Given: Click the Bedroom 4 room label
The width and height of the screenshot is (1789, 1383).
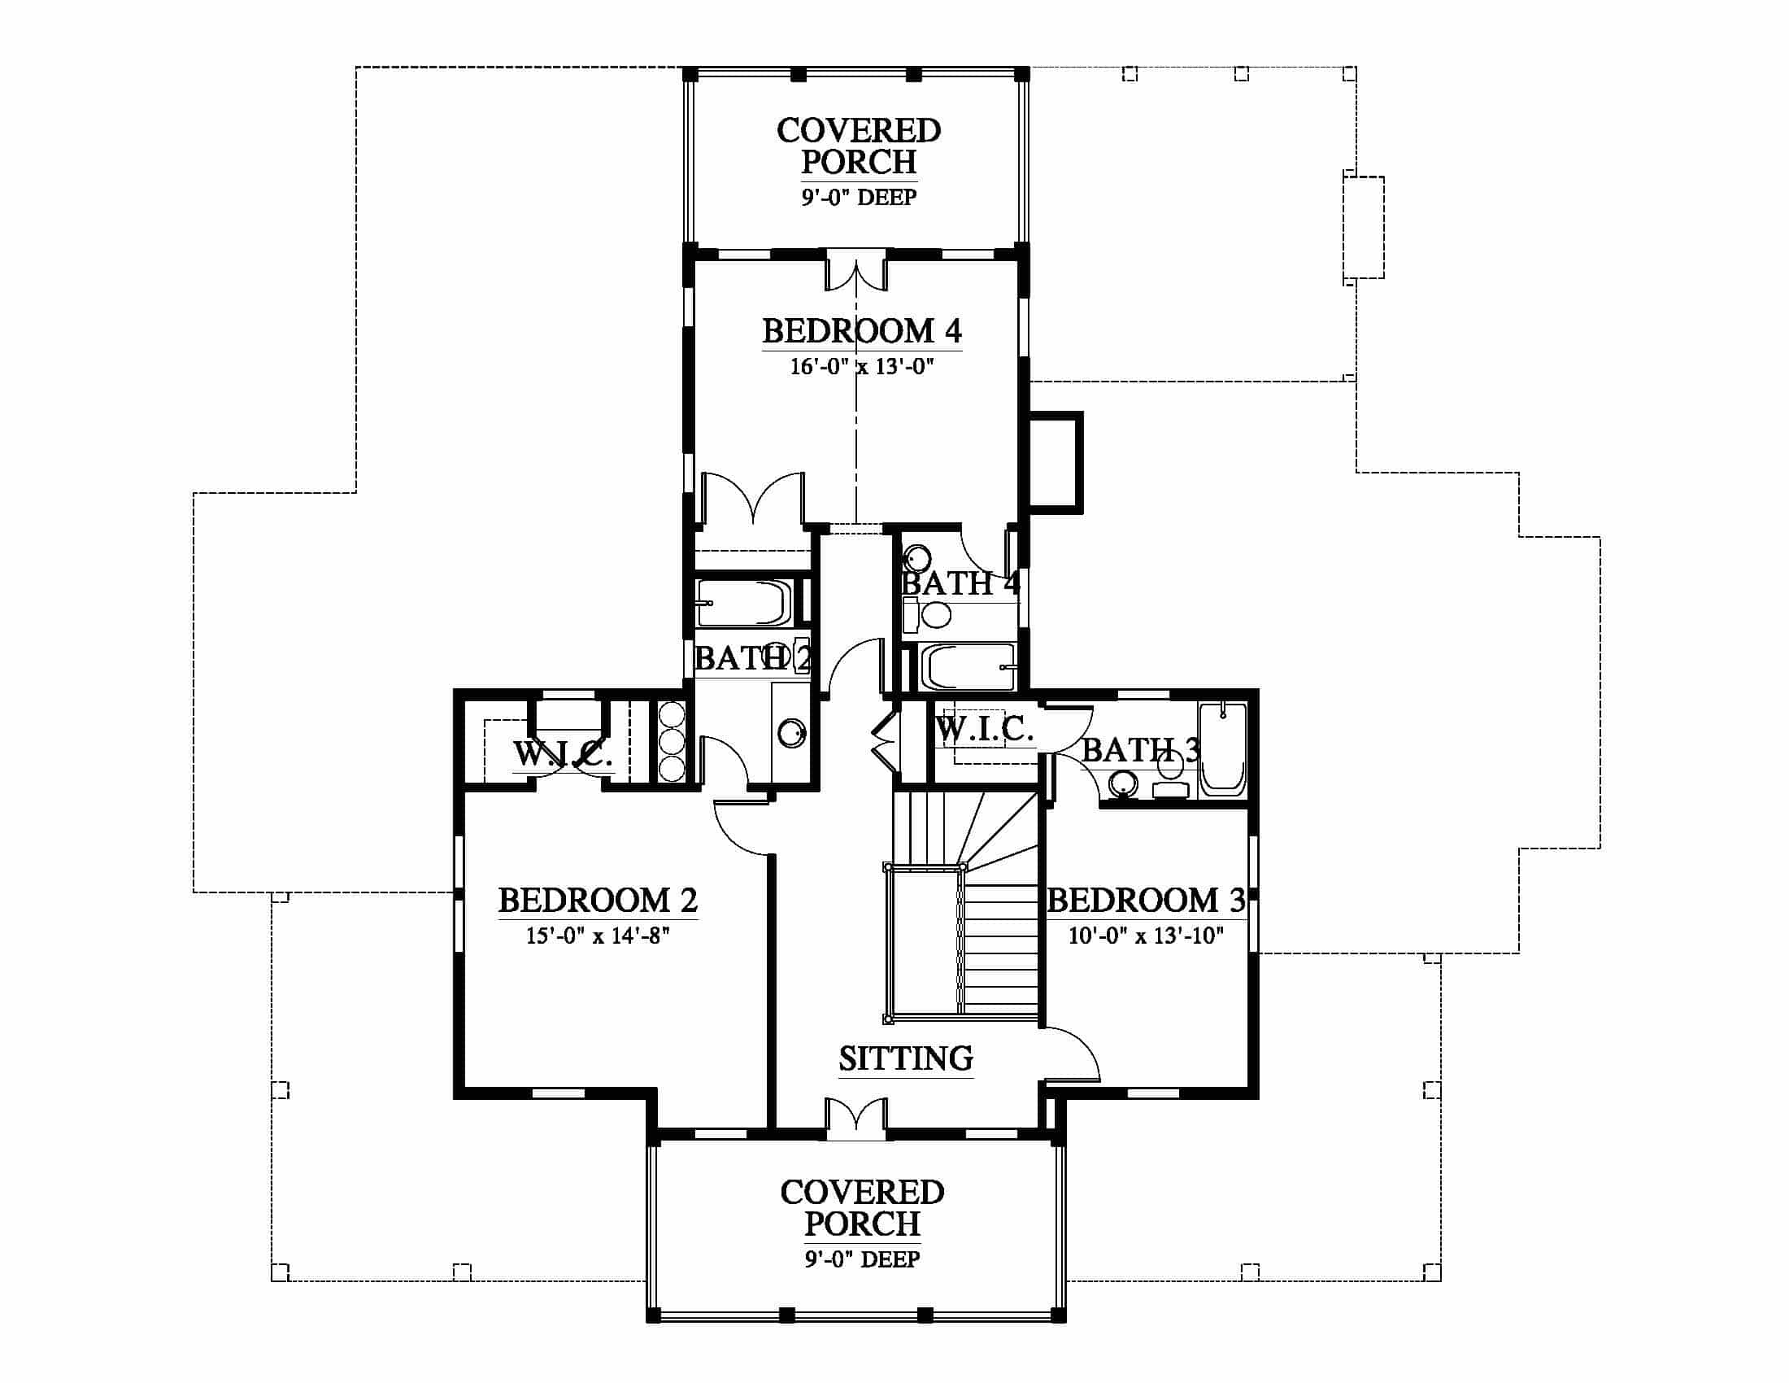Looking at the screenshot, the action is (x=862, y=331).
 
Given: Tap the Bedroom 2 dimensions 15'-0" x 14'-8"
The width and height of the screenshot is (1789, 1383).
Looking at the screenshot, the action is (x=598, y=936).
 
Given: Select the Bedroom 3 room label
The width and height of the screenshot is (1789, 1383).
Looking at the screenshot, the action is (x=1146, y=901).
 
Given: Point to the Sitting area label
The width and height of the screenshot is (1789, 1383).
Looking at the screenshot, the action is (x=906, y=1058).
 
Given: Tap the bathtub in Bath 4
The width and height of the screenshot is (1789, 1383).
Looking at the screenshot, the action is (x=968, y=667).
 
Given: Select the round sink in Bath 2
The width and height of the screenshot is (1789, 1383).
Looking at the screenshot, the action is (x=791, y=732).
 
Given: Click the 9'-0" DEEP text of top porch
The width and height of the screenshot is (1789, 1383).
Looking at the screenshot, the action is (x=859, y=198).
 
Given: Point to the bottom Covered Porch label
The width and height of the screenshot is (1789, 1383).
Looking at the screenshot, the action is (x=862, y=1207).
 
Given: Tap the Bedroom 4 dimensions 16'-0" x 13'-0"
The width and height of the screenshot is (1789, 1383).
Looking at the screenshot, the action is (x=862, y=366).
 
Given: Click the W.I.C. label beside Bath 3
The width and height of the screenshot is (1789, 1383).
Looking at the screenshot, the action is (x=984, y=728).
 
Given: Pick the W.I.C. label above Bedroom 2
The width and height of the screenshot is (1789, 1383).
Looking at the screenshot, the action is (x=563, y=755).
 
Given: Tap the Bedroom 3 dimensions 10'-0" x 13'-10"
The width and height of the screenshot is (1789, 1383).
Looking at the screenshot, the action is (x=1146, y=936).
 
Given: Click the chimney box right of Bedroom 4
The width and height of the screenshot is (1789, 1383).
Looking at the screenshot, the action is (x=1056, y=463).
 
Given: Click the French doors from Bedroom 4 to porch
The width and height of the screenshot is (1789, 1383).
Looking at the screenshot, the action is (x=856, y=275).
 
